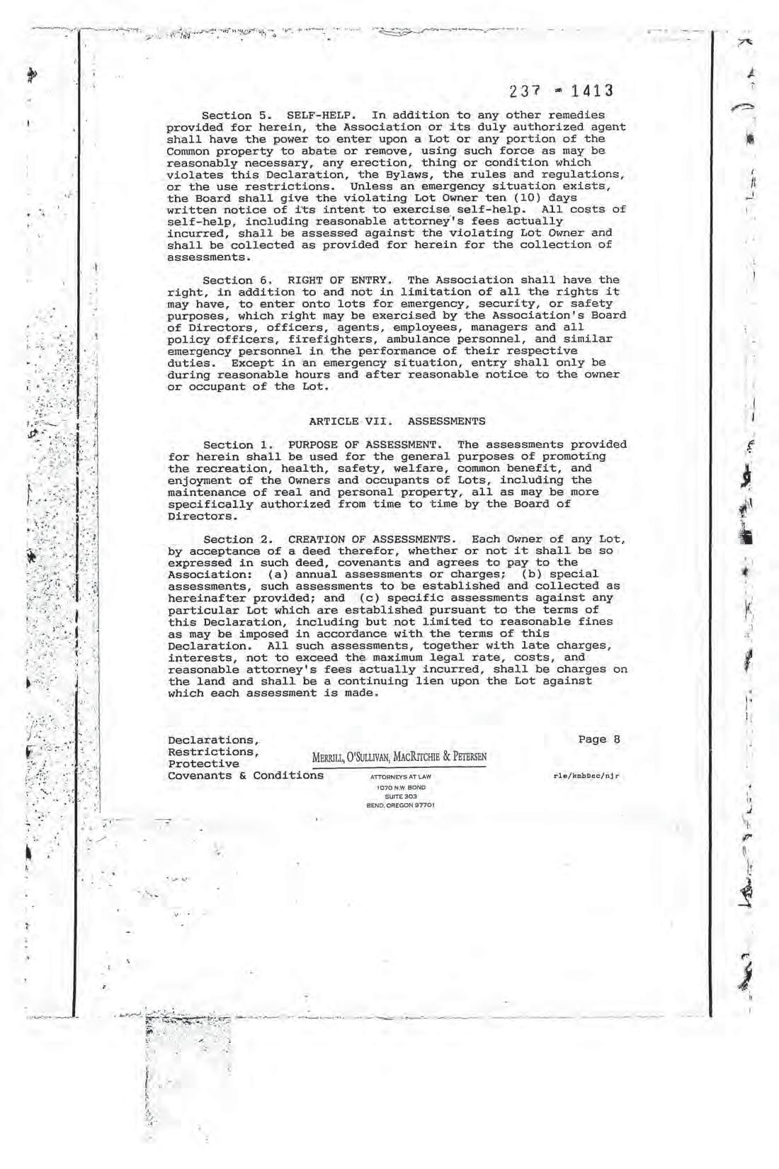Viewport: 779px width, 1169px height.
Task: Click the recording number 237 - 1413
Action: [x=560, y=91]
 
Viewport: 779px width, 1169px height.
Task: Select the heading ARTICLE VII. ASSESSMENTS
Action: [x=397, y=422]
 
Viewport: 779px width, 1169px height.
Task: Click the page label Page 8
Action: [x=598, y=740]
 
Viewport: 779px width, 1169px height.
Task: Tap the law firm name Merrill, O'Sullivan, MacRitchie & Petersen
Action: [x=399, y=757]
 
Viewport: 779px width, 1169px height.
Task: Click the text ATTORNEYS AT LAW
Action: [x=400, y=777]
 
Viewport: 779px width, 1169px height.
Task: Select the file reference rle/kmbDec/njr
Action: [x=586, y=776]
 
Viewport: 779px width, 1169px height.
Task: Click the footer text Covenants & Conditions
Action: [x=246, y=775]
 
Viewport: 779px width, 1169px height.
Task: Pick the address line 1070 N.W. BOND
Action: [x=401, y=787]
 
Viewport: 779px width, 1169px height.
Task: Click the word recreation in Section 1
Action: [x=226, y=468]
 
